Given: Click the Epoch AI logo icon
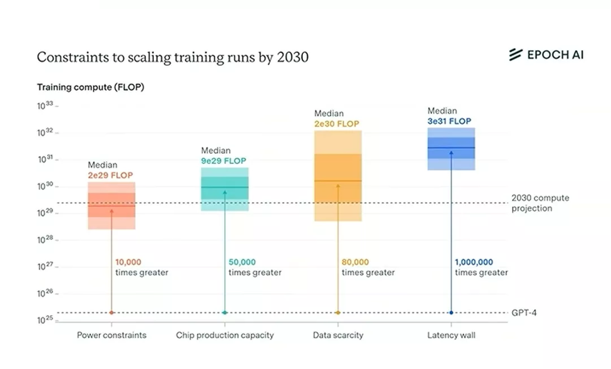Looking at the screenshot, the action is pyautogui.click(x=516, y=54).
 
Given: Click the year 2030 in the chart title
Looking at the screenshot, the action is pyautogui.click(x=292, y=57).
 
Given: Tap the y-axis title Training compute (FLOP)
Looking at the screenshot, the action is pyautogui.click(x=90, y=87).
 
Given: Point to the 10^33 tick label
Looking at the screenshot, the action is pyautogui.click(x=45, y=106).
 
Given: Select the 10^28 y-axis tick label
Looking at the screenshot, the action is pyautogui.click(x=45, y=240).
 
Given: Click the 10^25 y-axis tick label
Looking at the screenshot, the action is pyautogui.click(x=45, y=320).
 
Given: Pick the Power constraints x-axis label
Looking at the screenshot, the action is pyautogui.click(x=111, y=335).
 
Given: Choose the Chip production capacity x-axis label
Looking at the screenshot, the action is pyautogui.click(x=225, y=335).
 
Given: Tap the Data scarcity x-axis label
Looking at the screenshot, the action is pyautogui.click(x=338, y=335).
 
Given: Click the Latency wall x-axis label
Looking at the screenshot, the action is pyautogui.click(x=451, y=335).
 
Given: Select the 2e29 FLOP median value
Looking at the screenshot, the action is pyautogui.click(x=110, y=175).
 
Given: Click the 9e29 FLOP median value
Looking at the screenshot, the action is pyautogui.click(x=223, y=161).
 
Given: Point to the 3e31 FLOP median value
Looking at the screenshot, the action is pyautogui.click(x=449, y=121).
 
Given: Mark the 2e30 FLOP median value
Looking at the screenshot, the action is pyautogui.click(x=337, y=124).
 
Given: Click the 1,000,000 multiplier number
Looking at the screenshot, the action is pyautogui.click(x=474, y=262).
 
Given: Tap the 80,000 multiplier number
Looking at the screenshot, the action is pyautogui.click(x=355, y=262).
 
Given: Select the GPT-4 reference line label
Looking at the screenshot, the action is pyautogui.click(x=524, y=313).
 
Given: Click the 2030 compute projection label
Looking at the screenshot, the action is pyautogui.click(x=540, y=203).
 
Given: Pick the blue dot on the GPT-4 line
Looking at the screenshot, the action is pyautogui.click(x=451, y=313).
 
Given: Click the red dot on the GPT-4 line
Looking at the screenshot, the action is pyautogui.click(x=111, y=313).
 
